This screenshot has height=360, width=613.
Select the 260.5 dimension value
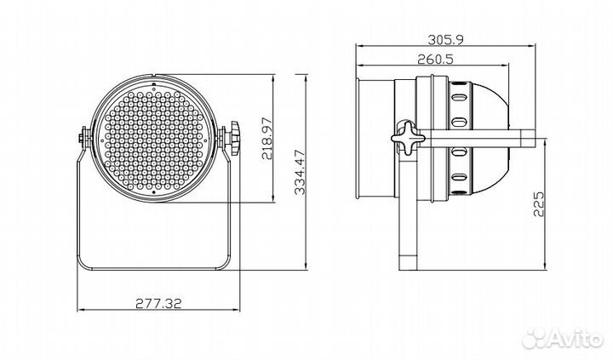pos(435,60)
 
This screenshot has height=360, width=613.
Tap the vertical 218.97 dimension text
pos(267,138)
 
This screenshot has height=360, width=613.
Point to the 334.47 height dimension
pos(301,172)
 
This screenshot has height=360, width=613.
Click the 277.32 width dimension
pos(158,303)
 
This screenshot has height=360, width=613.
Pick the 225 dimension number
pos(538,203)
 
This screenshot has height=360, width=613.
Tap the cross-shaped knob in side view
pos(408,137)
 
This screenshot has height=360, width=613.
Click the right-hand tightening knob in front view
pos(234,138)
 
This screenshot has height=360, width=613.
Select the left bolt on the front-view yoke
pos(83,138)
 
